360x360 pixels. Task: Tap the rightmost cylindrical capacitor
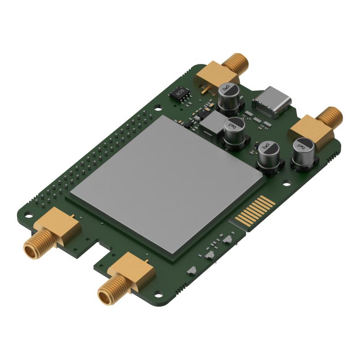305,153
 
